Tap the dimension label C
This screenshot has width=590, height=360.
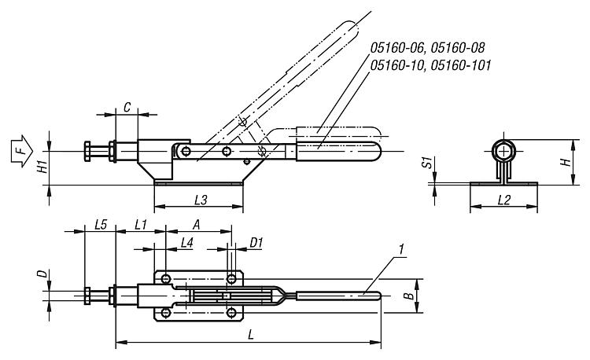point(127,108)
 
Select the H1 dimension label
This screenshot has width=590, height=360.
point(44,165)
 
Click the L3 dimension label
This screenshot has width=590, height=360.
point(201,200)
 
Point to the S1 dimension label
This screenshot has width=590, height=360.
point(427,163)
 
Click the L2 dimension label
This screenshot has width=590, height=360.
point(504,200)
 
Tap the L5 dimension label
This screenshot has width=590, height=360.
point(101,225)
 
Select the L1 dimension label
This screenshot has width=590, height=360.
point(140,225)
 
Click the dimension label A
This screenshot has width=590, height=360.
point(196,224)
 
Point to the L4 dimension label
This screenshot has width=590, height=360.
point(186,243)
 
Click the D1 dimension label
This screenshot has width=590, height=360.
point(256,243)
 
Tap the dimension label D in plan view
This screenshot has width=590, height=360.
point(44,274)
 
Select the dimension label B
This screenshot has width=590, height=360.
point(409,296)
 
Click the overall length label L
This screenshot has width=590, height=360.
point(252,334)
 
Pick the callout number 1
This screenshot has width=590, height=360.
point(401,249)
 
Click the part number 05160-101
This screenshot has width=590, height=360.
point(460,65)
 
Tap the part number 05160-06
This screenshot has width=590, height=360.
point(399,48)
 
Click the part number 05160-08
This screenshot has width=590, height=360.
point(458,48)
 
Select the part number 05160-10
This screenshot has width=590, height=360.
point(398,65)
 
